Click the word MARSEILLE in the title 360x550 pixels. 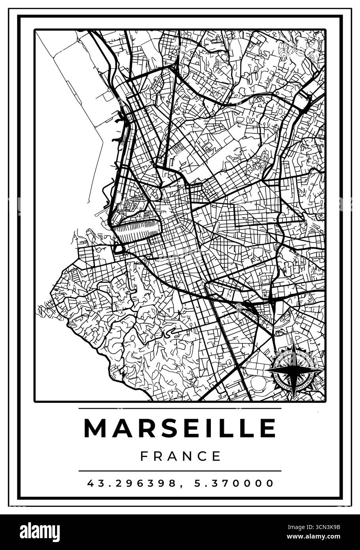pos(180,428)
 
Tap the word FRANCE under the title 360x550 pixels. pos(180,456)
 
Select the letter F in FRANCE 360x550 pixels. pos(144,456)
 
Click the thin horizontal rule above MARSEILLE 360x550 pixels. pos(180,408)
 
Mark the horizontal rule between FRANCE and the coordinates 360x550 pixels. pos(180,471)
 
